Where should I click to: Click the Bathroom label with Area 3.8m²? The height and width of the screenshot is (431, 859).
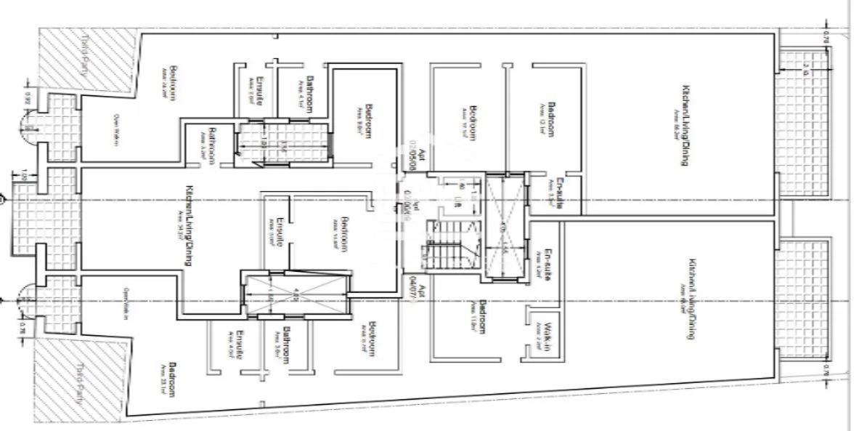click(x=286, y=345)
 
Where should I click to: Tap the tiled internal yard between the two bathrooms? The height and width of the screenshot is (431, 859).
click(x=284, y=142)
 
